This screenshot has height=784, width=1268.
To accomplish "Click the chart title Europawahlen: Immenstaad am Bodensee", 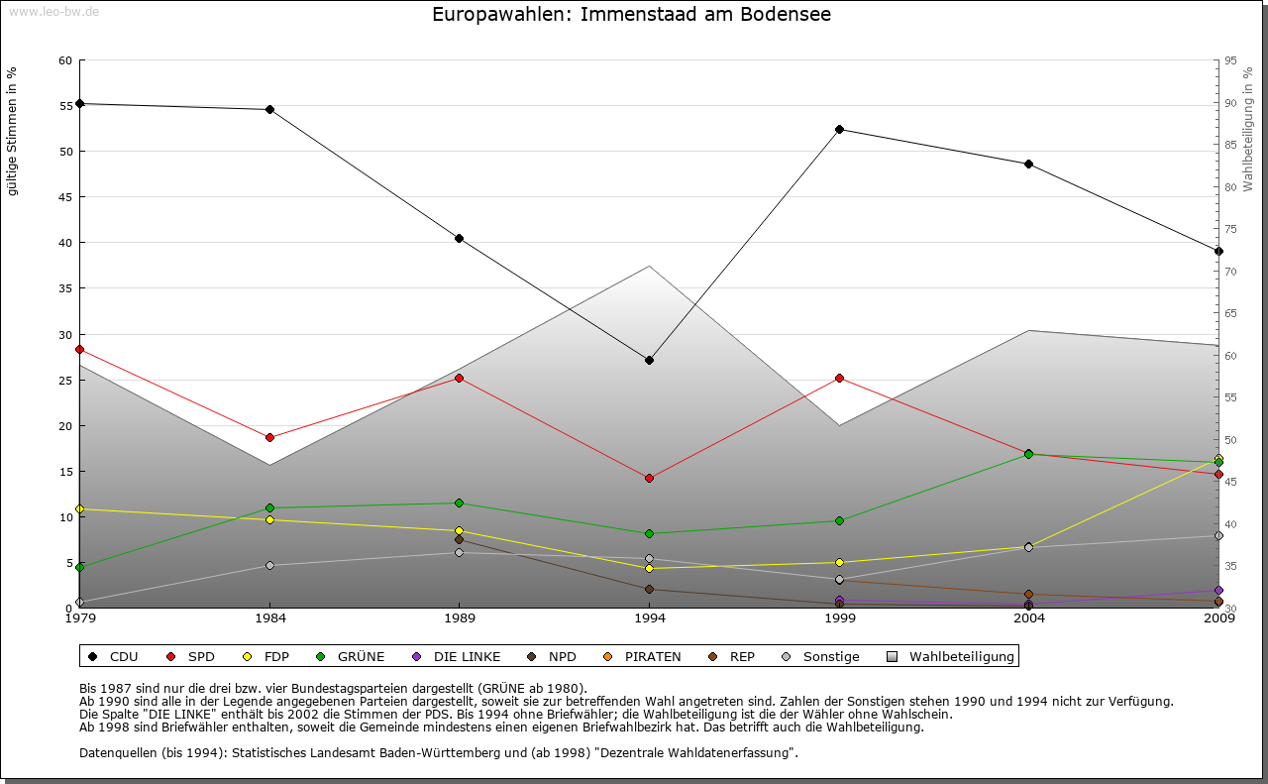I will coord(632,15).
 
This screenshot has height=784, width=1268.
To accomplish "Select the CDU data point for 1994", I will coord(649,360).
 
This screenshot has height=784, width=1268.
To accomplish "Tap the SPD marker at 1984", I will coord(269,437).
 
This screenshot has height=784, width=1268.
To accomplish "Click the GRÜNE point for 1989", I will coord(459,503).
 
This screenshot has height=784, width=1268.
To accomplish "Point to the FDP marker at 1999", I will coord(839,562).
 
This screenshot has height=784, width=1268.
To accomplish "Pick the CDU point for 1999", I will coord(839,129).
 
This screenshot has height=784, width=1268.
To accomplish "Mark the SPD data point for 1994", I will coord(649,478).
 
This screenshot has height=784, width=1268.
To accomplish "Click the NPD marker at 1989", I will coord(459,539).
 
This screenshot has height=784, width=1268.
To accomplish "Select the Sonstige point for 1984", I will coord(269,565).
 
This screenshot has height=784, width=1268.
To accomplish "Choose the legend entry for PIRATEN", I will coord(642,656).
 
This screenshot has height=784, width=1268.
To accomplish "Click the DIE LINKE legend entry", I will coord(457,656).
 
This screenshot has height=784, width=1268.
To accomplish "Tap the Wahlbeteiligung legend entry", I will coord(951,656).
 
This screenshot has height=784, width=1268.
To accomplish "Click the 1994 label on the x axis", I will coord(649,619).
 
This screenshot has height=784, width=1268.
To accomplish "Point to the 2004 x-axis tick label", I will coord(1029,619).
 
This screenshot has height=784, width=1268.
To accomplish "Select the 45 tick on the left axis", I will coord(65,197).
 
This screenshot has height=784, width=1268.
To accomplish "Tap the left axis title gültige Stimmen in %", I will coord(13,131).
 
